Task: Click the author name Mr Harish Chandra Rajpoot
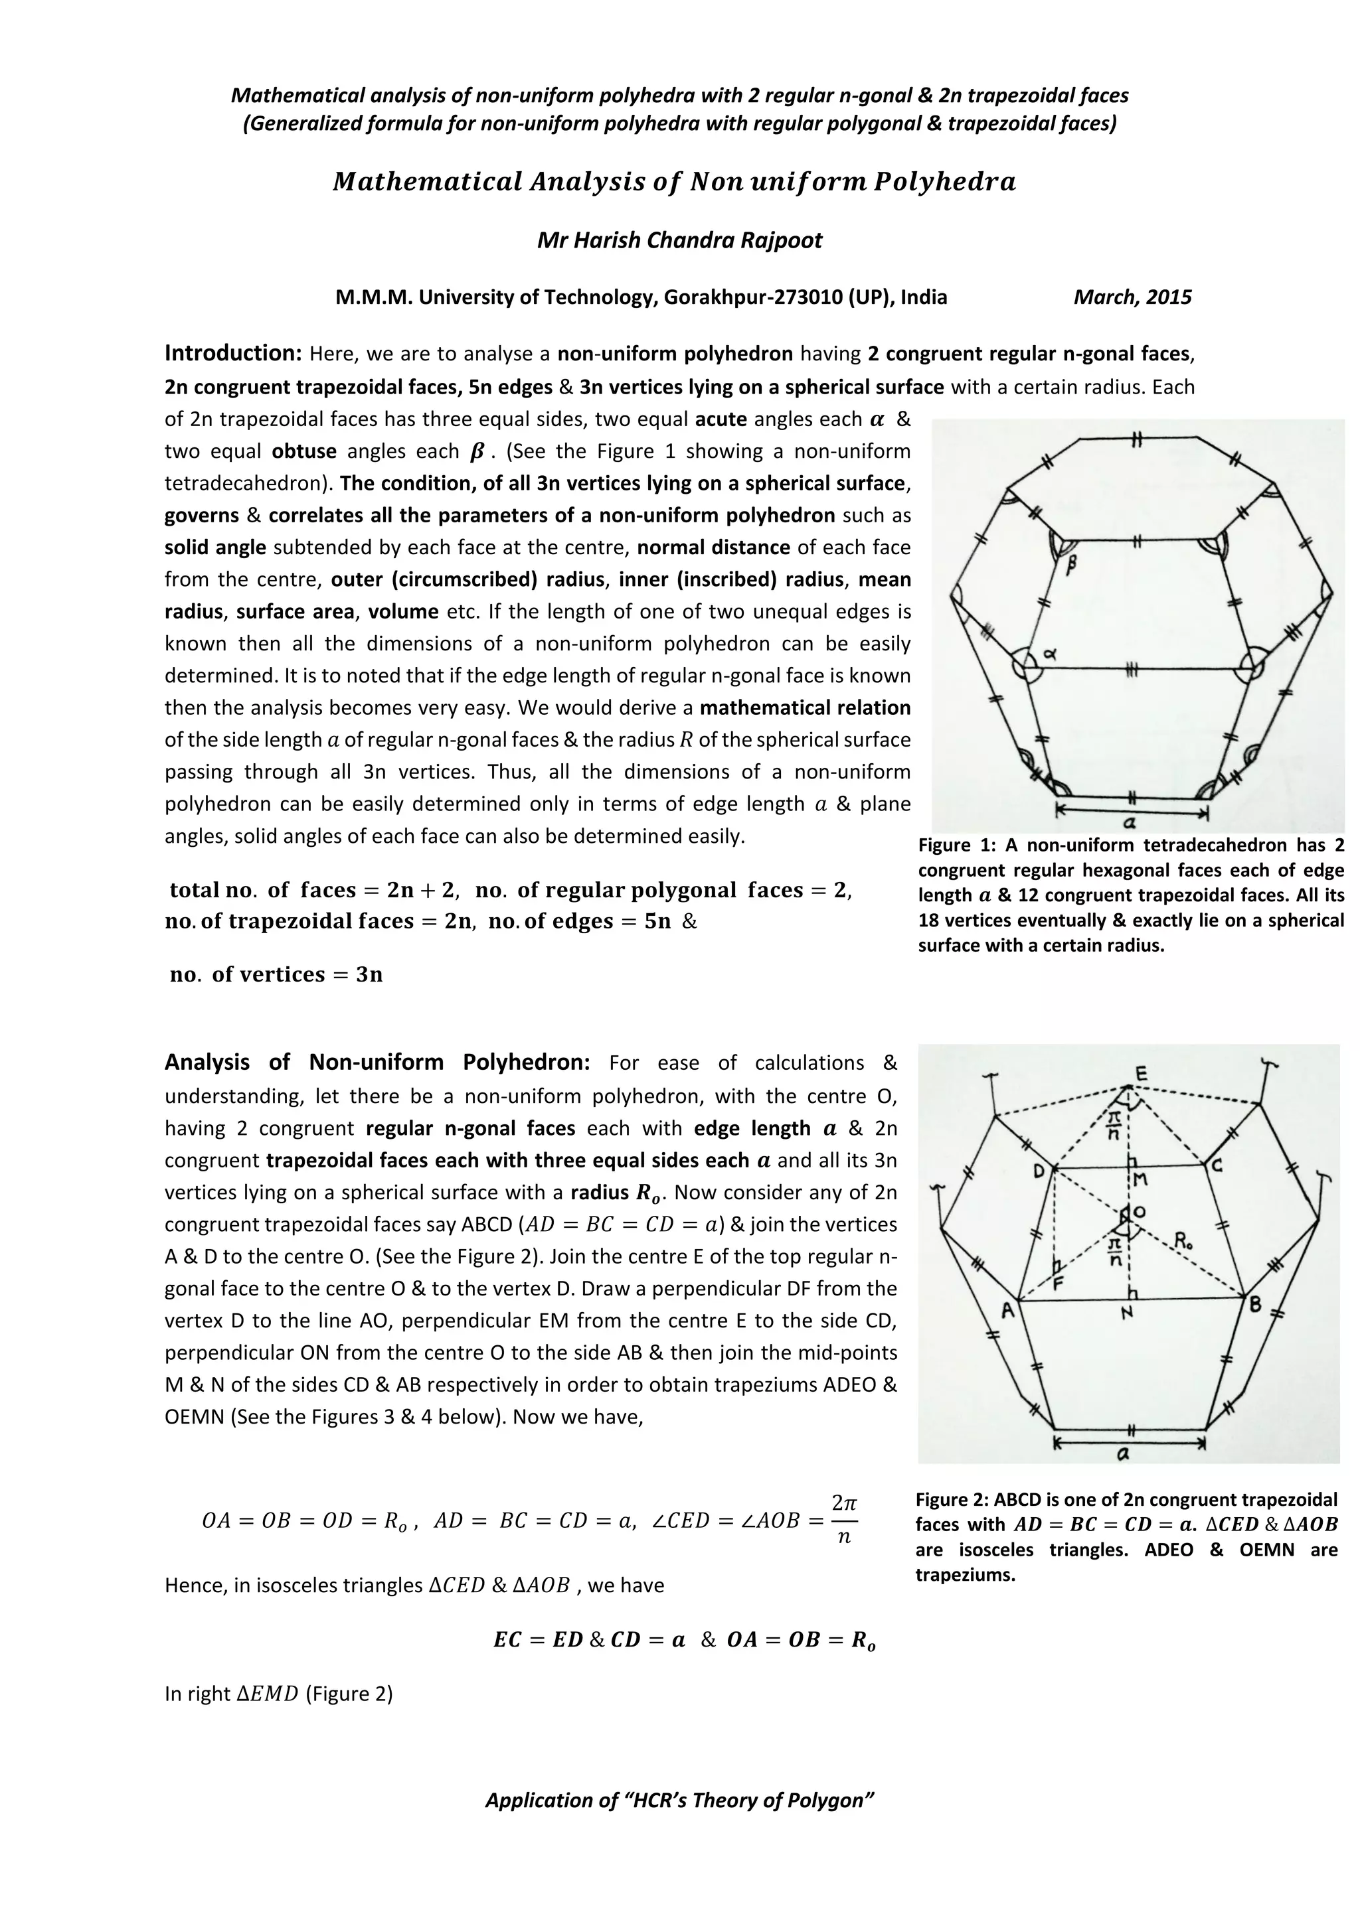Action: [x=679, y=241]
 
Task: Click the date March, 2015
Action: [x=1132, y=297]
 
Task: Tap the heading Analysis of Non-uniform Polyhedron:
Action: [x=377, y=1063]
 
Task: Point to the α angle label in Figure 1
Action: [x=1049, y=656]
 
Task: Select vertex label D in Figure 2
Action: [x=1039, y=1171]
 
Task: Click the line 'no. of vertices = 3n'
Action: [x=276, y=974]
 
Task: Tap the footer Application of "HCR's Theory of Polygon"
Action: [x=679, y=1801]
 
